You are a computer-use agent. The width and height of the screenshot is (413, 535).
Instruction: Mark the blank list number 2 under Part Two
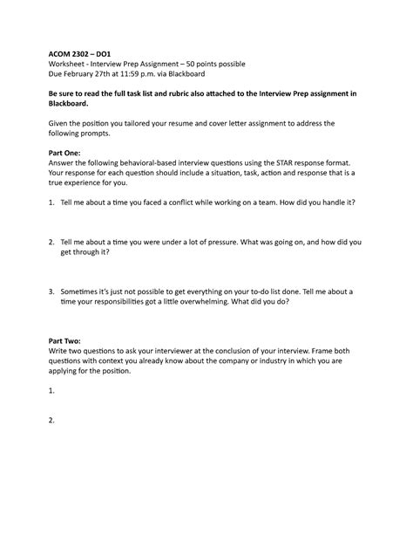click(x=52, y=420)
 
